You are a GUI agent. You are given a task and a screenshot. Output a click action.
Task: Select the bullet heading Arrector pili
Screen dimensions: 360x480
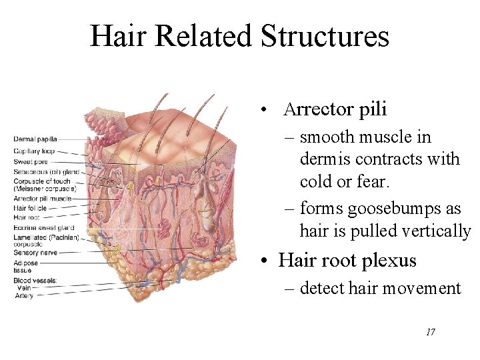point(335,109)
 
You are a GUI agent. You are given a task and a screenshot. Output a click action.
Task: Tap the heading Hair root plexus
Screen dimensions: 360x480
point(347,260)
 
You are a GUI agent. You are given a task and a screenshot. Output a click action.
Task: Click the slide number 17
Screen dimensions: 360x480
point(430,331)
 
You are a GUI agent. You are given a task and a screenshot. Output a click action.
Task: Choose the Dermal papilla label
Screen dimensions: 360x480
point(35,139)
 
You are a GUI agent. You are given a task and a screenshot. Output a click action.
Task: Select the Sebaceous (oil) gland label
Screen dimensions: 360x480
point(46,171)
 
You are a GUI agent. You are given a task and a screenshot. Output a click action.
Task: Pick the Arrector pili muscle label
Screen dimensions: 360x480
point(43,199)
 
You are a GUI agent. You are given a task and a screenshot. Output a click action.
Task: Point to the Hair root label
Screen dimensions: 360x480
point(27,217)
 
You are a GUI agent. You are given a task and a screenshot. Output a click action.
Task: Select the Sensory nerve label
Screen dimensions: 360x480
point(35,253)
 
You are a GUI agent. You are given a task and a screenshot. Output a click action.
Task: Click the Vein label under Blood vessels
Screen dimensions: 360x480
point(24,287)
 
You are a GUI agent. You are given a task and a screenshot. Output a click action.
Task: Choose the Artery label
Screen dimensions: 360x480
point(25,295)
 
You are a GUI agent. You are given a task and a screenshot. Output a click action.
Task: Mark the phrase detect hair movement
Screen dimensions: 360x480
point(380,288)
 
